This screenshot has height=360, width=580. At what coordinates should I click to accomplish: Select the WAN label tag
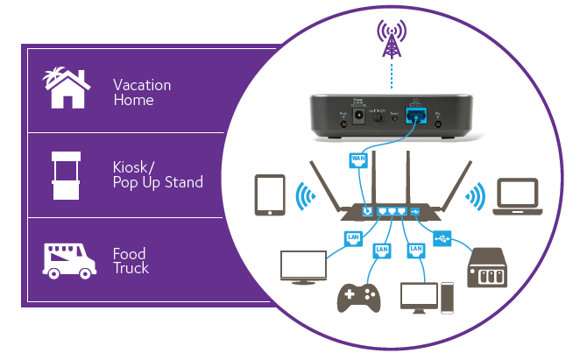pyautogui.click(x=358, y=159)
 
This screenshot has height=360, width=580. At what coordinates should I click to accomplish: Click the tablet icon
pyautogui.click(x=269, y=195)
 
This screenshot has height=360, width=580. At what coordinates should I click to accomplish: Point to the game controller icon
pyautogui.click(x=359, y=298)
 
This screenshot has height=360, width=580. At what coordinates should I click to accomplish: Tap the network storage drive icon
pyautogui.click(x=492, y=267)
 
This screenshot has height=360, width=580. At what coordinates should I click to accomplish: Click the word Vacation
pyautogui.click(x=142, y=85)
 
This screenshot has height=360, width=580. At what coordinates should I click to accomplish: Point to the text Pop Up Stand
pyautogui.click(x=157, y=182)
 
